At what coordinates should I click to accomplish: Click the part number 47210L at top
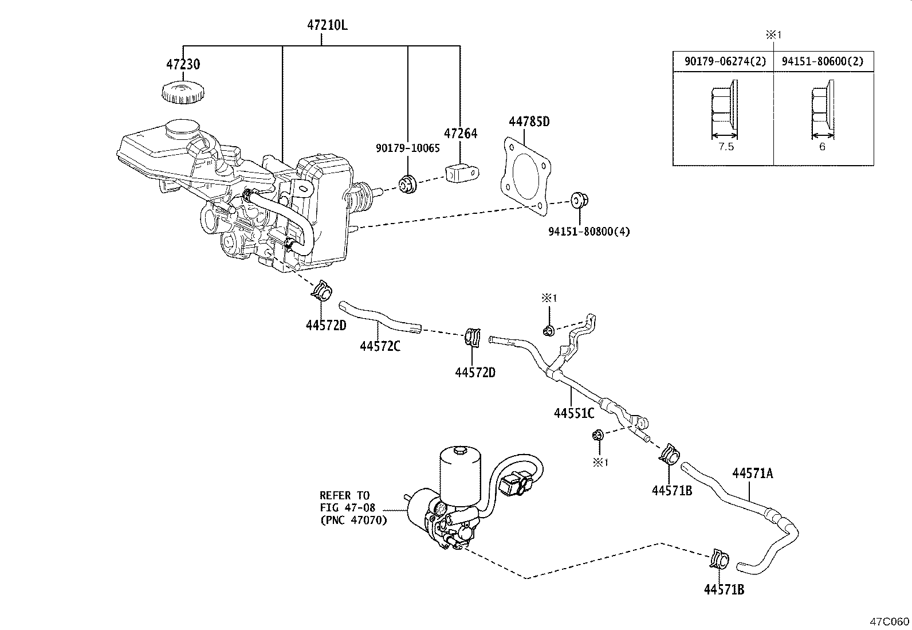click(327, 25)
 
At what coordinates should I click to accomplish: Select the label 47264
click(461, 134)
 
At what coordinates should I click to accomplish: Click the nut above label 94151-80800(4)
click(579, 201)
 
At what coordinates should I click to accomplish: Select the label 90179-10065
click(408, 148)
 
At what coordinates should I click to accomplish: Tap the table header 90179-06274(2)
click(725, 61)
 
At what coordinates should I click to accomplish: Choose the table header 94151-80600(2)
click(823, 61)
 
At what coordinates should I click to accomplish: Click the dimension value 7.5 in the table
click(725, 147)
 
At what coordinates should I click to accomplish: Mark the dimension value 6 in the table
click(822, 147)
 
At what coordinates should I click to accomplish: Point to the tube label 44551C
click(574, 413)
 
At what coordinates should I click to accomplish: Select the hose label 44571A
click(752, 473)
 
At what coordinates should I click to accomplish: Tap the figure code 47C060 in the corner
click(890, 621)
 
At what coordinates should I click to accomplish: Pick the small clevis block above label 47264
click(461, 172)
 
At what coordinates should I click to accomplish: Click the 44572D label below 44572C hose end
click(475, 373)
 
